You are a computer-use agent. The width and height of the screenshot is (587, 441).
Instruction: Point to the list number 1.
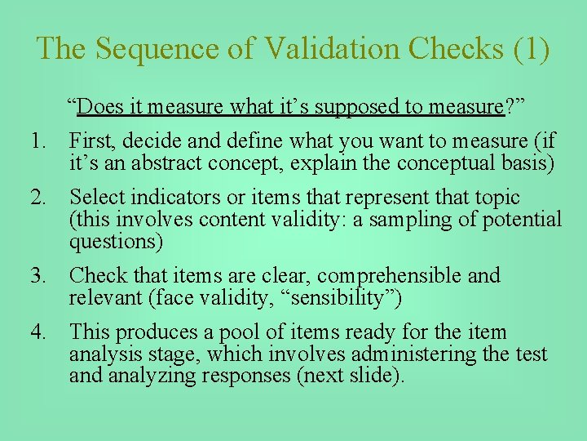click(38, 141)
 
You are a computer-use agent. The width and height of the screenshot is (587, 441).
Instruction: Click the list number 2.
click(38, 198)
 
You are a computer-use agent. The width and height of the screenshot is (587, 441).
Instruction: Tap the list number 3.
click(38, 276)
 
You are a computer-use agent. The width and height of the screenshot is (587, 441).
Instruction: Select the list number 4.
click(38, 332)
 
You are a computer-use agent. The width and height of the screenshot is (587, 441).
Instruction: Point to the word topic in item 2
click(495, 198)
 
